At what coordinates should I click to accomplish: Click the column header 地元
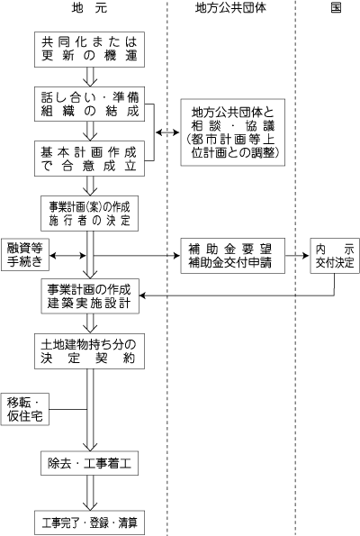pyautogui.click(x=89, y=7)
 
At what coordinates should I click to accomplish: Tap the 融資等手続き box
pyautogui.click(x=25, y=256)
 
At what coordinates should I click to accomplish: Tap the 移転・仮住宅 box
pyautogui.click(x=25, y=407)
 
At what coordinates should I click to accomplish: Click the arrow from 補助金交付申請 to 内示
pyautogui.click(x=296, y=256)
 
